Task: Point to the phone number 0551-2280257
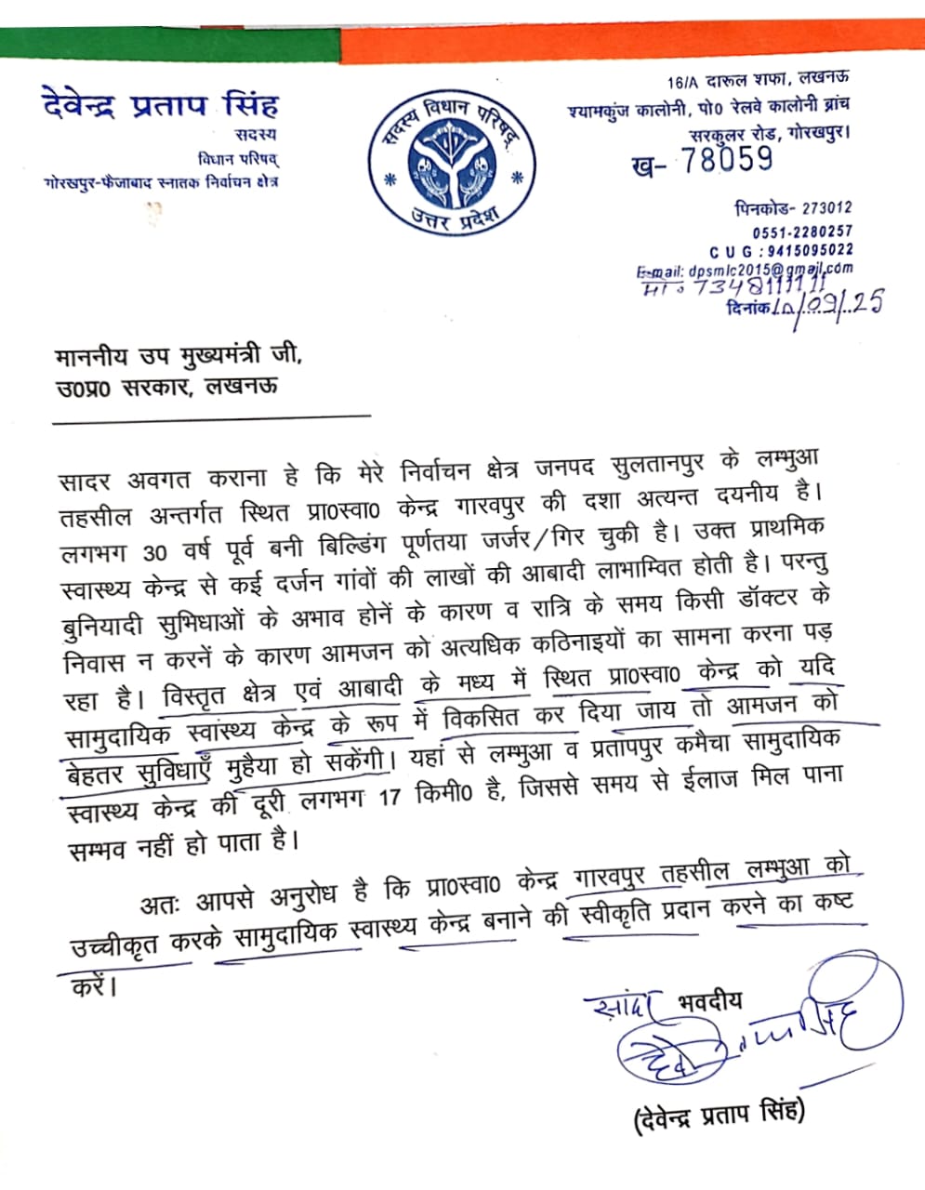[x=802, y=231]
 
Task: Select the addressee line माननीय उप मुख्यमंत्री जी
[x=178, y=356]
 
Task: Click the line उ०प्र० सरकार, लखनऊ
[x=166, y=387]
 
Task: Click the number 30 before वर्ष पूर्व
[x=155, y=552]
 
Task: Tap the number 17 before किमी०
[x=395, y=797]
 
